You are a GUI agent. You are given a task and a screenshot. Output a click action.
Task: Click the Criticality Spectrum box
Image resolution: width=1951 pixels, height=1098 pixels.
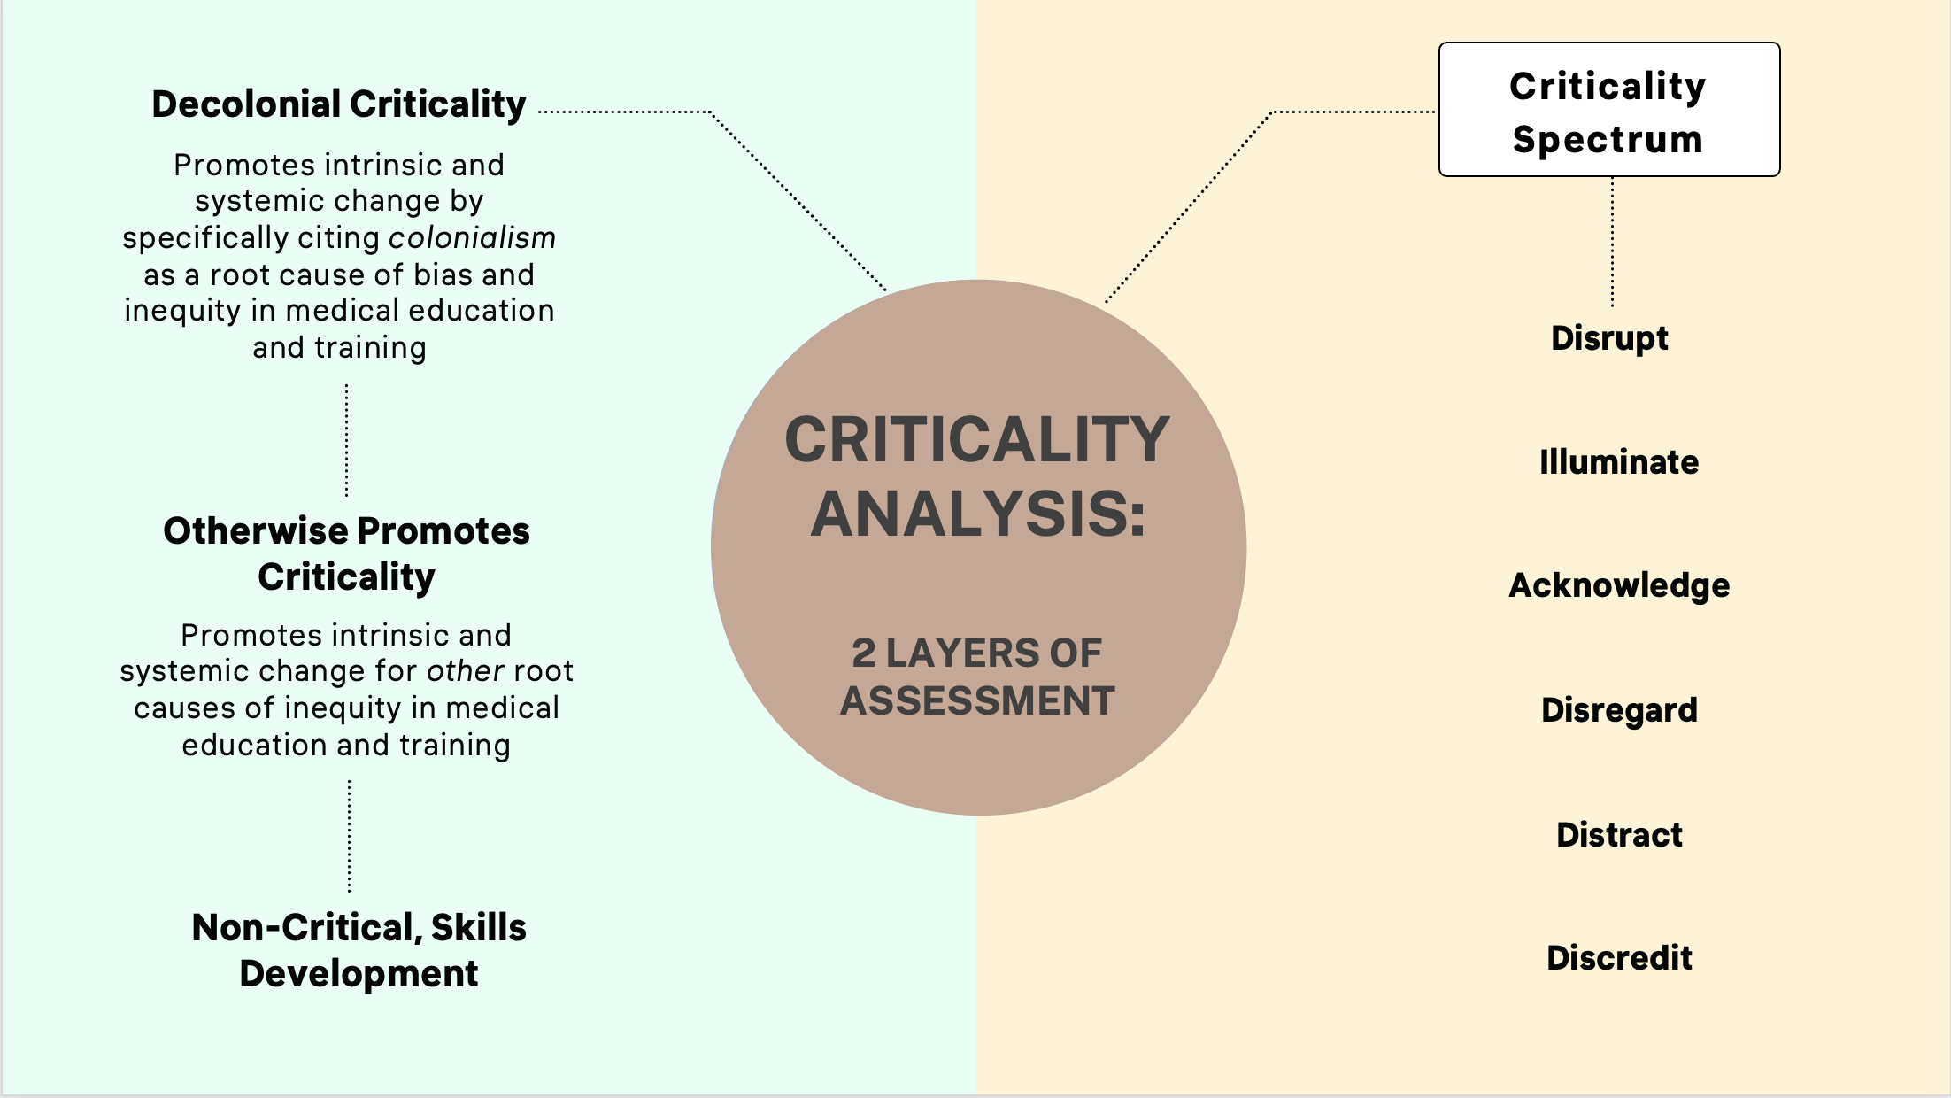[x=1608, y=110]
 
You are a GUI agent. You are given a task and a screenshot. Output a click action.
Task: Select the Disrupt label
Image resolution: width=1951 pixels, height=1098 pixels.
[x=1609, y=338]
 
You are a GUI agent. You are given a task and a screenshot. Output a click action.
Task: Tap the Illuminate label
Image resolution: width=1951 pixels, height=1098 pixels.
[x=1618, y=462]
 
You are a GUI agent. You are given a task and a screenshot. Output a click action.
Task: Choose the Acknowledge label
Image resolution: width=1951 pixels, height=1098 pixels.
[x=1618, y=586]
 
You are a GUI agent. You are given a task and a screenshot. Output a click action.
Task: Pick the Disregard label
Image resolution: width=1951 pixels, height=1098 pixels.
[x=1618, y=710]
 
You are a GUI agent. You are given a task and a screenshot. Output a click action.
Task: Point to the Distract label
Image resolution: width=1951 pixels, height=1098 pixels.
[x=1618, y=835]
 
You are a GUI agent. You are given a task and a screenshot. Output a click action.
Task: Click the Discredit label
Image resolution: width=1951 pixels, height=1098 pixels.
[x=1618, y=958]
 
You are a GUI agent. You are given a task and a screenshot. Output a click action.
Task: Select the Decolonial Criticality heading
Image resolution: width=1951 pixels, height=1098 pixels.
[x=339, y=104]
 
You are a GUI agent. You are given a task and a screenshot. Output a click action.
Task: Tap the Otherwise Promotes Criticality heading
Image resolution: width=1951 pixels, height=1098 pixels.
[x=346, y=553]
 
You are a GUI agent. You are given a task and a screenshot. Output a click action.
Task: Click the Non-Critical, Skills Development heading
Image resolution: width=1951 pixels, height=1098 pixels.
[x=359, y=950]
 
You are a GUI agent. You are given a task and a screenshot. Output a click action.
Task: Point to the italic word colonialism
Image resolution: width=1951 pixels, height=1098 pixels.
[x=472, y=238]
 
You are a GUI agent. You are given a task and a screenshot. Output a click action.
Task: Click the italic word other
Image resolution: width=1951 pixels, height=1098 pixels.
[x=466, y=671]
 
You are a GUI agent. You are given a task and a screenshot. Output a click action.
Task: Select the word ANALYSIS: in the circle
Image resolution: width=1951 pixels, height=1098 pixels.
[x=977, y=514]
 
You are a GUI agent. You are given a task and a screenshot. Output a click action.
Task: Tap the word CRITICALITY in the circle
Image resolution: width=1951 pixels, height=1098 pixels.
[x=977, y=440]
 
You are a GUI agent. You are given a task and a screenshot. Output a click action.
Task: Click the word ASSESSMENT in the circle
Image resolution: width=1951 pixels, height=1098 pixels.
[x=977, y=701]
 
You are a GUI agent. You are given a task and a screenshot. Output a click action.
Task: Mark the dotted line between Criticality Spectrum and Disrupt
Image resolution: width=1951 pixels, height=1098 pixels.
[x=1612, y=242]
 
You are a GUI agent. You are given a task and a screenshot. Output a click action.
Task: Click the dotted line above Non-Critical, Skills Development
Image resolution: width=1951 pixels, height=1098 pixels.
[x=349, y=836]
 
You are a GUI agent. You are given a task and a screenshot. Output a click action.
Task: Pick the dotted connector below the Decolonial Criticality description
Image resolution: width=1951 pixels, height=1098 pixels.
[x=346, y=440]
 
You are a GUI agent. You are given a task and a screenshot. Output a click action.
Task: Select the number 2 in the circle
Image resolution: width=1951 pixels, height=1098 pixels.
[x=863, y=654]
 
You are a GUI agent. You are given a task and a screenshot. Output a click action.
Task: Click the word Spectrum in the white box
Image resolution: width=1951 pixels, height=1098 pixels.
[x=1608, y=140]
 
